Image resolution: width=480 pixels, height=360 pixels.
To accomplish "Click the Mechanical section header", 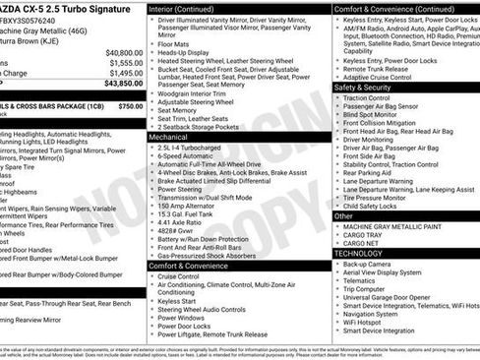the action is (170, 137).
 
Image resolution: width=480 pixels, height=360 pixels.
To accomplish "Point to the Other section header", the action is (344, 215).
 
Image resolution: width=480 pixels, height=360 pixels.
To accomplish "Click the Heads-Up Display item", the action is (184, 52).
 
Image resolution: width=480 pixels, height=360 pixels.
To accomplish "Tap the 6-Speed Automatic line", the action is (186, 155).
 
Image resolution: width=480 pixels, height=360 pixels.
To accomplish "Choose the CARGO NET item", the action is (362, 243).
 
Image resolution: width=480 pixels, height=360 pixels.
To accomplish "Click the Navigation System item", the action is (376, 312).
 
